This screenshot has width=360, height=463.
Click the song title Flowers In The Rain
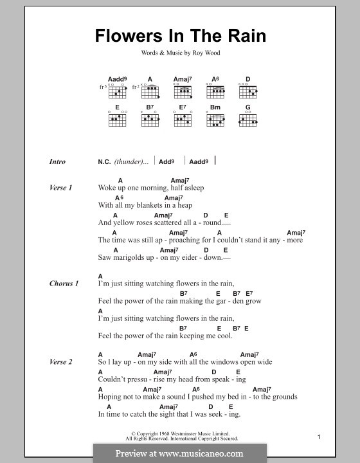coord(180,35)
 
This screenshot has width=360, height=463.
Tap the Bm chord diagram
coord(215,118)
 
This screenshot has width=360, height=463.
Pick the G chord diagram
coord(248,118)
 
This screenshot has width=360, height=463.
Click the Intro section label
coord(57,162)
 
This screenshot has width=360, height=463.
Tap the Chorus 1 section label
coord(64,284)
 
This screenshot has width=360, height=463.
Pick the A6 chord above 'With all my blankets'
coord(119,198)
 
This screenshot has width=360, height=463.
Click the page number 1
coord(319,437)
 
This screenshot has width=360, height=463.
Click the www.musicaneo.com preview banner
coord(179,453)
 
